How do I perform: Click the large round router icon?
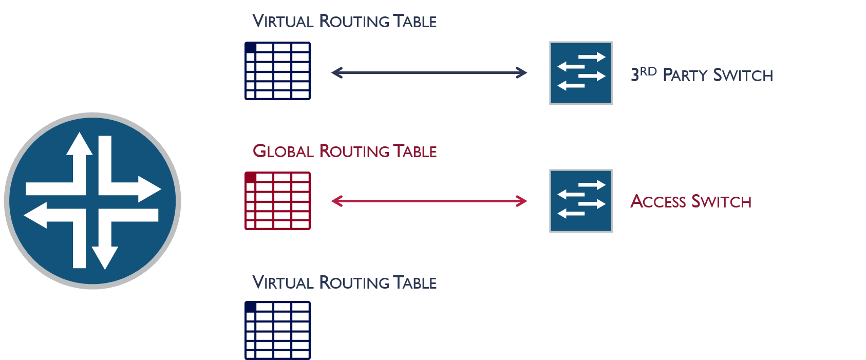tap(92, 200)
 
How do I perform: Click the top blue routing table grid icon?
tap(277, 71)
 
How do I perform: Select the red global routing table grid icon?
tap(277, 201)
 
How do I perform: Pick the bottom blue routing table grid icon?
tap(277, 330)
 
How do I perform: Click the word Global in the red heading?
tap(283, 151)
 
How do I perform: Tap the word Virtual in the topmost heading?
tap(283, 22)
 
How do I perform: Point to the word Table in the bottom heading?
tap(415, 283)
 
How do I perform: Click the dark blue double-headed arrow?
tap(429, 73)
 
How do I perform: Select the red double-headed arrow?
tap(429, 201)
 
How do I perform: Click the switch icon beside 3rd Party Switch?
tap(581, 73)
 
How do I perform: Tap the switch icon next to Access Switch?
tap(581, 201)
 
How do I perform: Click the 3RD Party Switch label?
tap(702, 75)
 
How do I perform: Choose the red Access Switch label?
tap(691, 201)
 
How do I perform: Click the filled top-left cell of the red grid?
tap(250, 177)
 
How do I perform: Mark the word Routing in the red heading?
tap(354, 151)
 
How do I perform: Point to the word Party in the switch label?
tap(685, 75)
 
